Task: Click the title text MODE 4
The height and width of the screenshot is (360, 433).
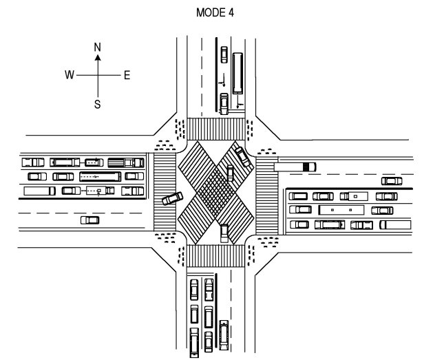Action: [215, 12]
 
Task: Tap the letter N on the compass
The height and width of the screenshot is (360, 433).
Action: [97, 47]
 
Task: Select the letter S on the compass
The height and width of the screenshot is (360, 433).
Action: [97, 105]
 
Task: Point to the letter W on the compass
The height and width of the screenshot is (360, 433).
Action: [70, 75]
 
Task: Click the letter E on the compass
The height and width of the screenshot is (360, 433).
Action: [127, 75]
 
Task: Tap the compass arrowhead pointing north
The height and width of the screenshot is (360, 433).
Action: [98, 57]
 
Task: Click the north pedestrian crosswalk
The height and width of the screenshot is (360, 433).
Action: [216, 129]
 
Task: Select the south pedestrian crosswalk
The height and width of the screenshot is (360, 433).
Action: [215, 255]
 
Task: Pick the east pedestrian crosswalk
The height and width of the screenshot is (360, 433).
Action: [267, 195]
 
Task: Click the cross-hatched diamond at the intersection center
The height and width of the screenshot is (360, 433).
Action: [216, 189]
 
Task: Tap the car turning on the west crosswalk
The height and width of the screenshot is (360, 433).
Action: [172, 198]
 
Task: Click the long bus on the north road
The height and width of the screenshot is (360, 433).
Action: [237, 73]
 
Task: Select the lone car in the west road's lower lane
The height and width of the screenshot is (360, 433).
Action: [89, 220]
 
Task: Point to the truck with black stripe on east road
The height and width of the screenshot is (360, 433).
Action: [295, 167]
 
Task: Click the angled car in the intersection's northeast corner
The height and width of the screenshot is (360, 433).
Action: [243, 156]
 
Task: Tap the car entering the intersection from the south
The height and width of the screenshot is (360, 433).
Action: [224, 233]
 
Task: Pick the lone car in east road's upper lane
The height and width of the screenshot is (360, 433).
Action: [392, 181]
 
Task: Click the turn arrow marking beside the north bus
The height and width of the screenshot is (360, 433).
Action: [240, 102]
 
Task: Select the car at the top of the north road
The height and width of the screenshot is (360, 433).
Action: [224, 54]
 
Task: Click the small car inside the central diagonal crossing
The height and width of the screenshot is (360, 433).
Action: [230, 173]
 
